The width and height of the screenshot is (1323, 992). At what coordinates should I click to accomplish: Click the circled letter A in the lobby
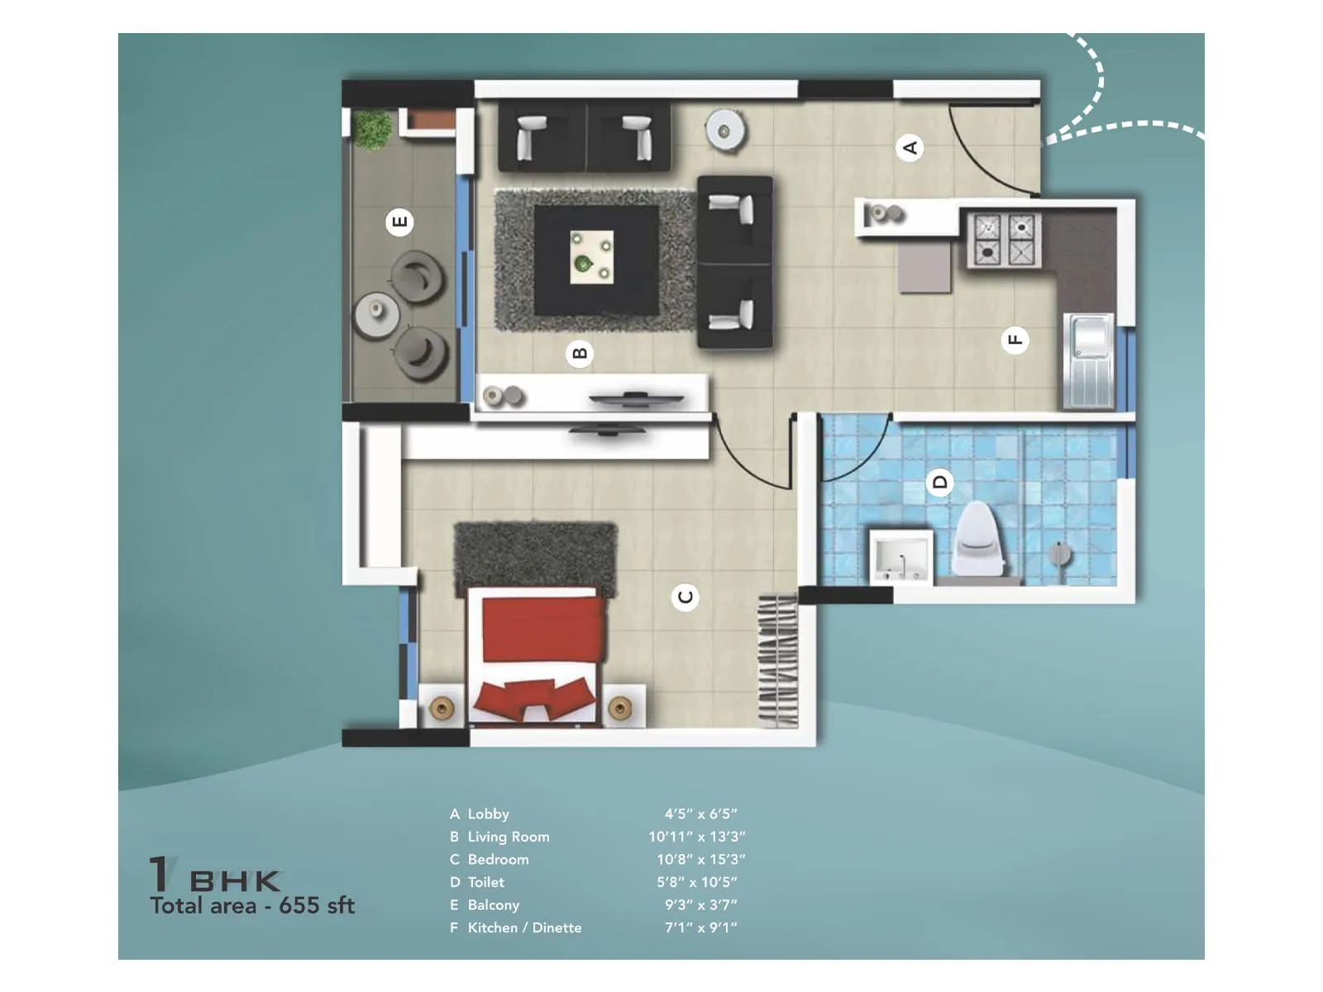tap(910, 148)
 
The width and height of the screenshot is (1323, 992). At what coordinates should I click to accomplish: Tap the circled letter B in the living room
tap(579, 354)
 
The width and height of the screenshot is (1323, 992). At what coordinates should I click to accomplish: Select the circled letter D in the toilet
tap(939, 481)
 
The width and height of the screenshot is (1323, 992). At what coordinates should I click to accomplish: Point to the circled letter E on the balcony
tap(399, 222)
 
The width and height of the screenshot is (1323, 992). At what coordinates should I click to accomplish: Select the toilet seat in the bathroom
tap(981, 539)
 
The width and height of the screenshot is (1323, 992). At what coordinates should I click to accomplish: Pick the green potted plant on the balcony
tap(372, 128)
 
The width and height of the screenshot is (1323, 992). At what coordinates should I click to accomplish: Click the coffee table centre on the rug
tap(592, 257)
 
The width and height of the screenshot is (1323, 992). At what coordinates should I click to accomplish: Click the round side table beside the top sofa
tap(725, 131)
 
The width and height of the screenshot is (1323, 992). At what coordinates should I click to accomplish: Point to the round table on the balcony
tap(377, 314)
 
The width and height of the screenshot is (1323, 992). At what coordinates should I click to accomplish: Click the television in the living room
tap(635, 400)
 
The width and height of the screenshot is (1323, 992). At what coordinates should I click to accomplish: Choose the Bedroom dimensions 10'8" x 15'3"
tap(700, 860)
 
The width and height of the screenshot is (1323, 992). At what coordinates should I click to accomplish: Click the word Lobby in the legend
tap(488, 814)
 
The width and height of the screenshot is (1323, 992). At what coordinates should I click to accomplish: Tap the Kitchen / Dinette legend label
tap(524, 928)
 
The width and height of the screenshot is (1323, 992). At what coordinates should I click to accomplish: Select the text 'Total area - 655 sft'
tap(252, 906)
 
